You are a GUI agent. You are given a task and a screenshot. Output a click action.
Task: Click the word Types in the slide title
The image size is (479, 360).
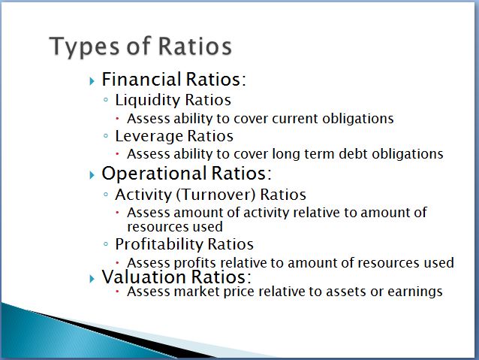coord(84,47)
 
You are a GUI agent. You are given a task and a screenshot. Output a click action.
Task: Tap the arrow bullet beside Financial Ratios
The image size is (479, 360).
coord(92,81)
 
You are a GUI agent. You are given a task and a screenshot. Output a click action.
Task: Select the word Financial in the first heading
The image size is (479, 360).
coord(141,79)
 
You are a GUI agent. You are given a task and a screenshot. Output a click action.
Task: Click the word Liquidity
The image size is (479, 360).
coord(148,101)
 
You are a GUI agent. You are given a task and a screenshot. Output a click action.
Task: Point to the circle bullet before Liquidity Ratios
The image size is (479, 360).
coord(106,99)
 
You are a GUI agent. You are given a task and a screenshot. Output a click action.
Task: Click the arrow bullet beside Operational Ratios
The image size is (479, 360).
coord(92,175)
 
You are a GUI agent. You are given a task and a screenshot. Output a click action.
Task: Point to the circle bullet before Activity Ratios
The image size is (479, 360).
coord(106,194)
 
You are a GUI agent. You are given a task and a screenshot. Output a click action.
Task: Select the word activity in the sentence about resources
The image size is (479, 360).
coord(267,213)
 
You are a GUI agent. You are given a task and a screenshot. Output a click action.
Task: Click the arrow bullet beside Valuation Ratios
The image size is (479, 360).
coord(92,279)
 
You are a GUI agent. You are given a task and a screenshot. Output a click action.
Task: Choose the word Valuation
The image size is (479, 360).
coord(144,277)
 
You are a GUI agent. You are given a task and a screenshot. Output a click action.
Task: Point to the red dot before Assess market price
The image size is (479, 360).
coord(118,292)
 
